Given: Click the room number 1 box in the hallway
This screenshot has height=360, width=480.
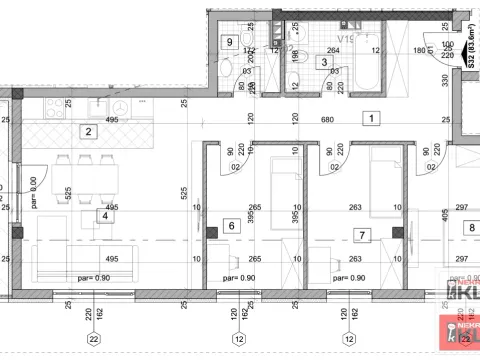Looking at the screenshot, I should (371, 118).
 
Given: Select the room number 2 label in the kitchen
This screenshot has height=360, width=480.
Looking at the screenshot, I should (88, 131).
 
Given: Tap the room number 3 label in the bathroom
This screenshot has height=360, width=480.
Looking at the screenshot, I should (324, 62).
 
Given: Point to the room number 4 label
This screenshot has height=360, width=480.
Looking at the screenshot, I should (103, 214).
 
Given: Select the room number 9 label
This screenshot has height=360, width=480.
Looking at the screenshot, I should (231, 42).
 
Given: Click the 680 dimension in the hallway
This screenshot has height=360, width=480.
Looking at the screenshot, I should (328, 118).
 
